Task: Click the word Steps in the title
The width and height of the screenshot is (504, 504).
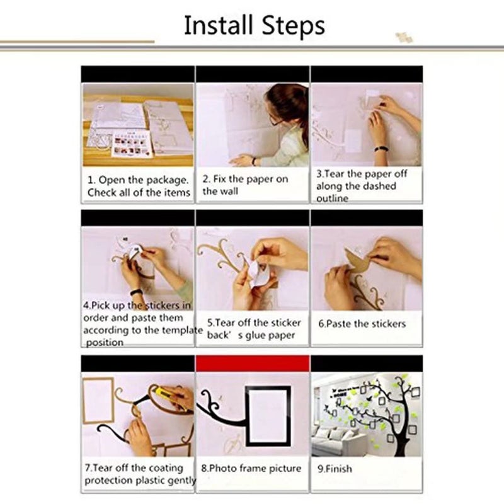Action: click(293, 26)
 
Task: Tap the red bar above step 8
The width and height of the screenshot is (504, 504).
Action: click(253, 364)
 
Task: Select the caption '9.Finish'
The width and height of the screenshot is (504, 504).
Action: click(335, 469)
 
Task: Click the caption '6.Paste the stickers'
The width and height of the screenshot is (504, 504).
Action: click(362, 324)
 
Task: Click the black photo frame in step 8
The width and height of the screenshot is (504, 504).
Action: click(268, 416)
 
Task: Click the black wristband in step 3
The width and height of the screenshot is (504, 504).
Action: click(381, 149)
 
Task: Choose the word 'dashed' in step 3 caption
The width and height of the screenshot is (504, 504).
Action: click(379, 186)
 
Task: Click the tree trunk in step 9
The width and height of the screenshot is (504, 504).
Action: click(403, 437)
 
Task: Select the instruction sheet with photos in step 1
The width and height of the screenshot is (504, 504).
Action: click(132, 144)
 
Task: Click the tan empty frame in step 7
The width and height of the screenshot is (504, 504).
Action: click(98, 401)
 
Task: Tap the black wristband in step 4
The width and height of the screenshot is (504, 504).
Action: click(136, 292)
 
